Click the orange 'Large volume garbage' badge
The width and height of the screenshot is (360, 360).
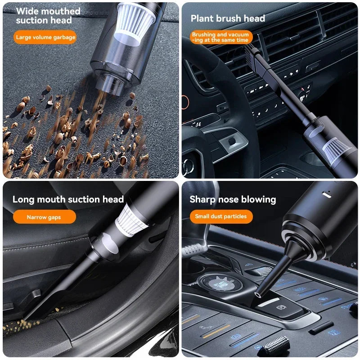(x=45, y=37)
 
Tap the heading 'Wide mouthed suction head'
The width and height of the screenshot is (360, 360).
(x=48, y=16)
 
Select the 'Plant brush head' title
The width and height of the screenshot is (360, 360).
(x=228, y=18)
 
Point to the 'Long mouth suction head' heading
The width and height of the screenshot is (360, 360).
(x=67, y=199)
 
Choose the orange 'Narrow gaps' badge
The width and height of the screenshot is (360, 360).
(x=44, y=217)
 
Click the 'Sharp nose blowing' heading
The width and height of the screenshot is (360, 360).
(x=233, y=199)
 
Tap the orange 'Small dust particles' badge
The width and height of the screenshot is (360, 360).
(x=220, y=216)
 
